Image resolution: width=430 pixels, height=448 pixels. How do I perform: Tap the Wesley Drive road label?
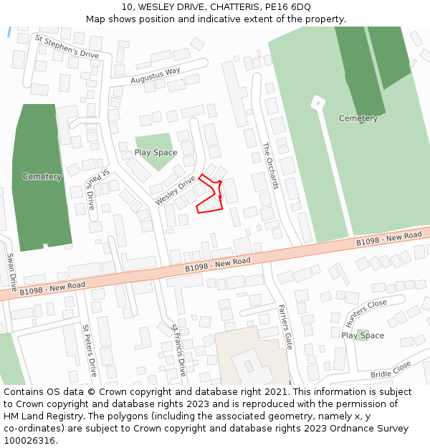[175, 191]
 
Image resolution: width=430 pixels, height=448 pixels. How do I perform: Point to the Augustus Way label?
[155, 75]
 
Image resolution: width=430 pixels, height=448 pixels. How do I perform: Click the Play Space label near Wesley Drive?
[156, 153]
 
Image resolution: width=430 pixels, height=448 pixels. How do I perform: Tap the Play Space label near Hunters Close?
[363, 335]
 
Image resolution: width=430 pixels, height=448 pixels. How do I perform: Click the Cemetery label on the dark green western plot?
[42, 176]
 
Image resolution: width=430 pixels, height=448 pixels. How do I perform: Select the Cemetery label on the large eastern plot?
[358, 118]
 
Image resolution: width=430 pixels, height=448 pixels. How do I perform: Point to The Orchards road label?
[270, 166]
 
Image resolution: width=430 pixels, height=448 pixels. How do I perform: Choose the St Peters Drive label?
[89, 351]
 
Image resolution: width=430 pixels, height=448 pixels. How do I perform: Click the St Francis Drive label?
[178, 350]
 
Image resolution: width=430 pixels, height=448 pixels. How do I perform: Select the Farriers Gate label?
[285, 326]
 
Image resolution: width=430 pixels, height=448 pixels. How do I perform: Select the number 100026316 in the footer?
[29, 440]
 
